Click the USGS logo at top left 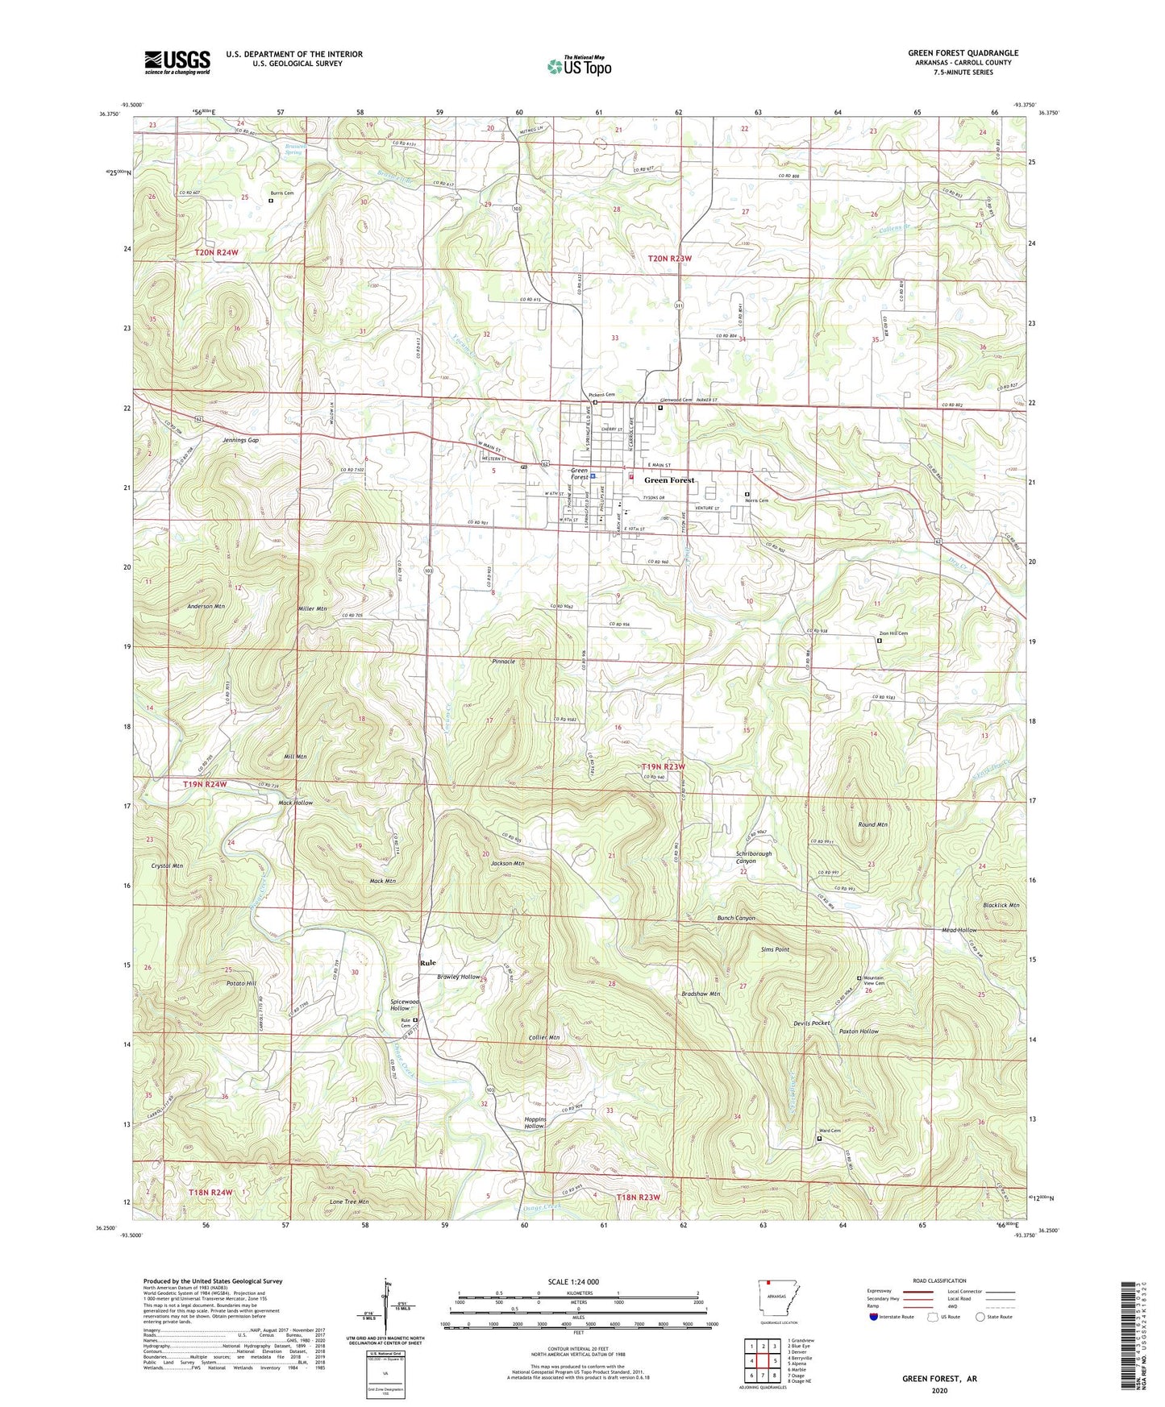pos(177,62)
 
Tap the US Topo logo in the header pos(580,66)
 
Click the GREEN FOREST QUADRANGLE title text pos(963,53)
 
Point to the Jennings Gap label pos(240,441)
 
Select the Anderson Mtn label pos(206,606)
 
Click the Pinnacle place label pos(503,661)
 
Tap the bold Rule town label pos(427,963)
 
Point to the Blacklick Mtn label pos(1001,905)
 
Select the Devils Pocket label pos(811,1023)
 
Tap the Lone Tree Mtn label pos(348,1202)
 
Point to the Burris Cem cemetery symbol pos(271,201)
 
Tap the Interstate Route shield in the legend pos(875,1318)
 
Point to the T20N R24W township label pos(217,253)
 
